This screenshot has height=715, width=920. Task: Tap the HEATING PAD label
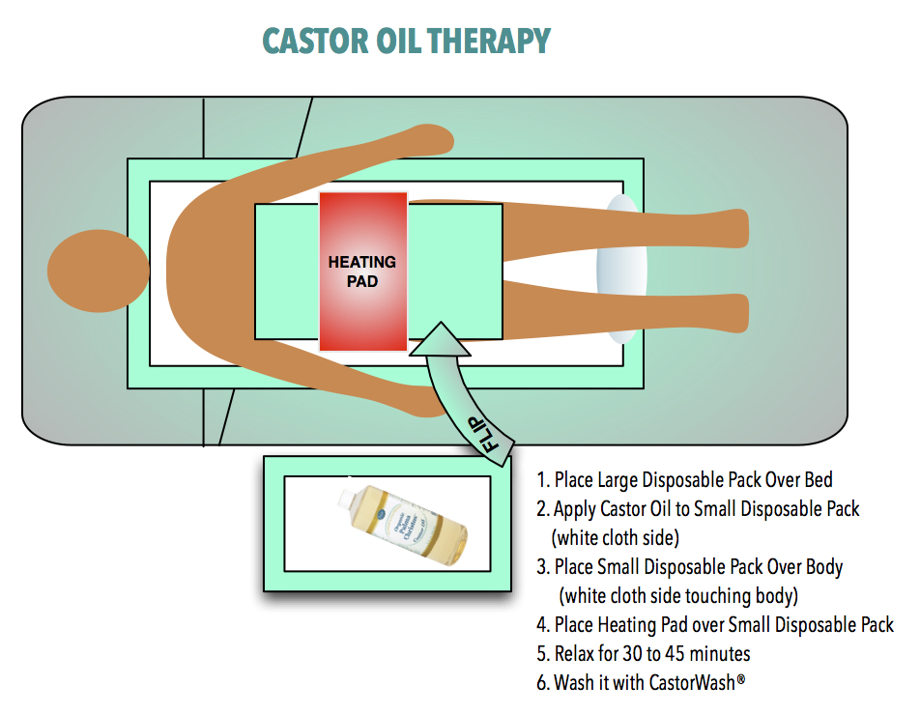(362, 272)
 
